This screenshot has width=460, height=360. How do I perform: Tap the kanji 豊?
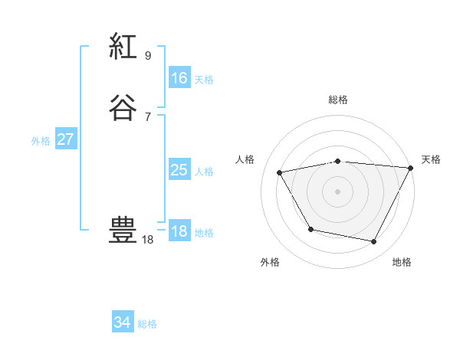pos(123,231)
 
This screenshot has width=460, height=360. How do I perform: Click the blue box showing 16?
pos(179,78)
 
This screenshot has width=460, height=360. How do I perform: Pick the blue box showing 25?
pos(179,170)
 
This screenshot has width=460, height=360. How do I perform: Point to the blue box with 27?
pos(66,139)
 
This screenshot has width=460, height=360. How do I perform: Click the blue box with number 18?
pos(179,231)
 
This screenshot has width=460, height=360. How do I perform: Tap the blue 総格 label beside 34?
pos(147,324)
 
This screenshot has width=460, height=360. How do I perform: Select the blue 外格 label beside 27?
pos(41,141)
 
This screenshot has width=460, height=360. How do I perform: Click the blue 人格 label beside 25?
pos(204,172)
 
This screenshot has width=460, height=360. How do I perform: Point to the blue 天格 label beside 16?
pos(204,80)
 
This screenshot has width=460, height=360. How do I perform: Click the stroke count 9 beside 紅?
pos(148,55)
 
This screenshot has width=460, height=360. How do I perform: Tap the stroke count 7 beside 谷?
pos(148,116)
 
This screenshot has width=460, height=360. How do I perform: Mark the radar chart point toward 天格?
pos(410,168)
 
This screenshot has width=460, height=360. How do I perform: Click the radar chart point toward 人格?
pos(280,173)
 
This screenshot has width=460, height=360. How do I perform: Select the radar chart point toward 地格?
pos(374,242)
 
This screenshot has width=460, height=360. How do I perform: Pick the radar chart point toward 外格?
pos(310,229)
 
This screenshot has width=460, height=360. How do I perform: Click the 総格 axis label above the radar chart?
pos(338,100)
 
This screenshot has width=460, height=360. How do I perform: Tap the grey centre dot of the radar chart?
pos(338,191)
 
